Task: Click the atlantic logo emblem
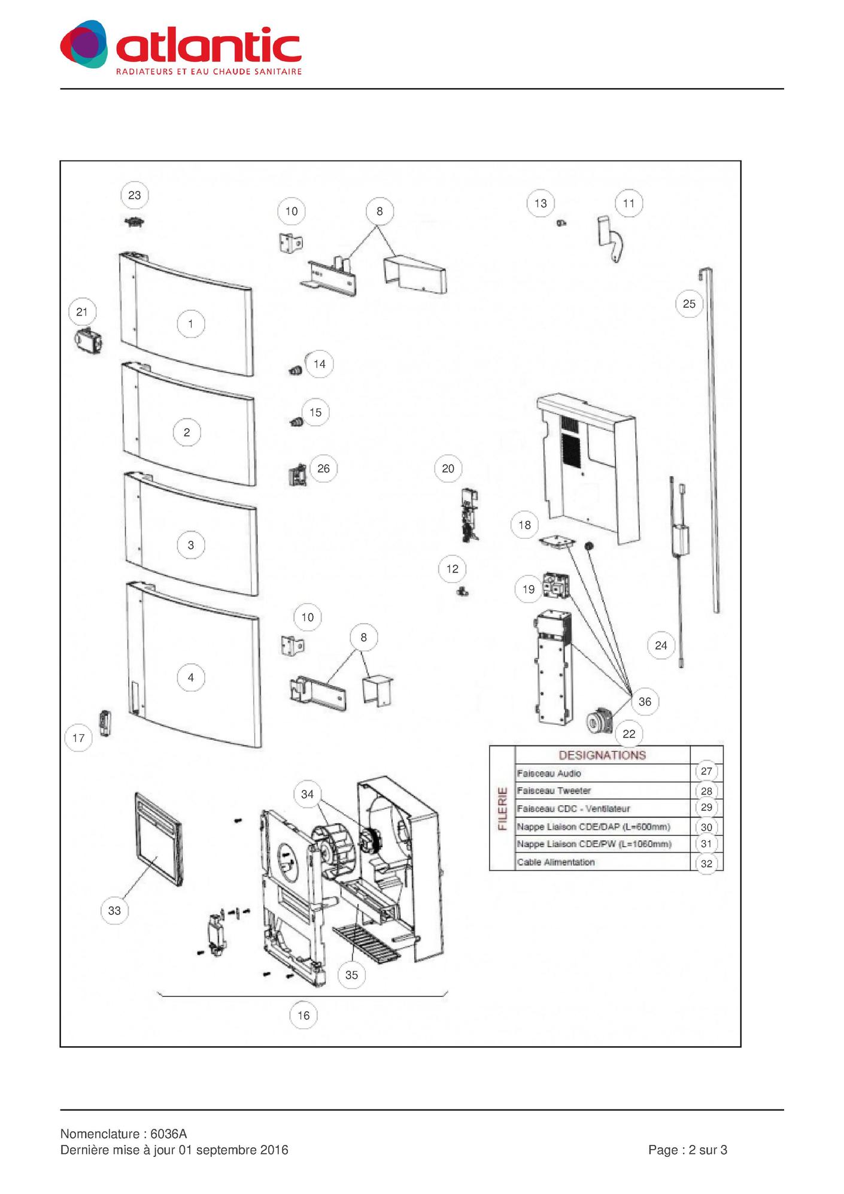(x=84, y=44)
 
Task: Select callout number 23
(x=135, y=195)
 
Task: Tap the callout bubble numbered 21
(x=82, y=312)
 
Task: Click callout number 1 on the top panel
(x=191, y=324)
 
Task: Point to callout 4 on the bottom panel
(x=191, y=677)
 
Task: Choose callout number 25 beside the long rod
(x=689, y=304)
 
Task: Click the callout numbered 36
(x=645, y=702)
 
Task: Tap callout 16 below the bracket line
(x=303, y=1015)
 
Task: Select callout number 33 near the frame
(x=114, y=910)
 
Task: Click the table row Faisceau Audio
(x=549, y=773)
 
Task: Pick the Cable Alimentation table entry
(x=556, y=862)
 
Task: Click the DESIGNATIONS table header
(x=602, y=755)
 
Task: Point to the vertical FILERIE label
(x=503, y=808)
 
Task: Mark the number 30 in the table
(x=706, y=827)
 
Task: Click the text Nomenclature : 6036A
(x=124, y=1134)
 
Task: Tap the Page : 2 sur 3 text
(x=688, y=1150)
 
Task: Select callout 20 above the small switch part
(x=448, y=468)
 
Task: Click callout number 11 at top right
(x=629, y=204)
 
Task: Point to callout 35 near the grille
(x=351, y=975)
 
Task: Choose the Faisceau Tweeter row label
(x=554, y=790)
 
